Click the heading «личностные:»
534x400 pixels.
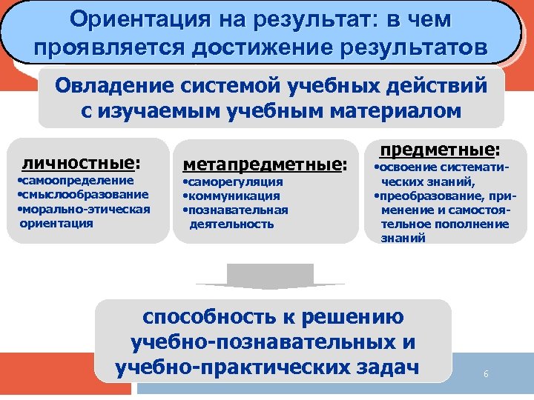(81, 162)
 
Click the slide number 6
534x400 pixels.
(486, 374)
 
